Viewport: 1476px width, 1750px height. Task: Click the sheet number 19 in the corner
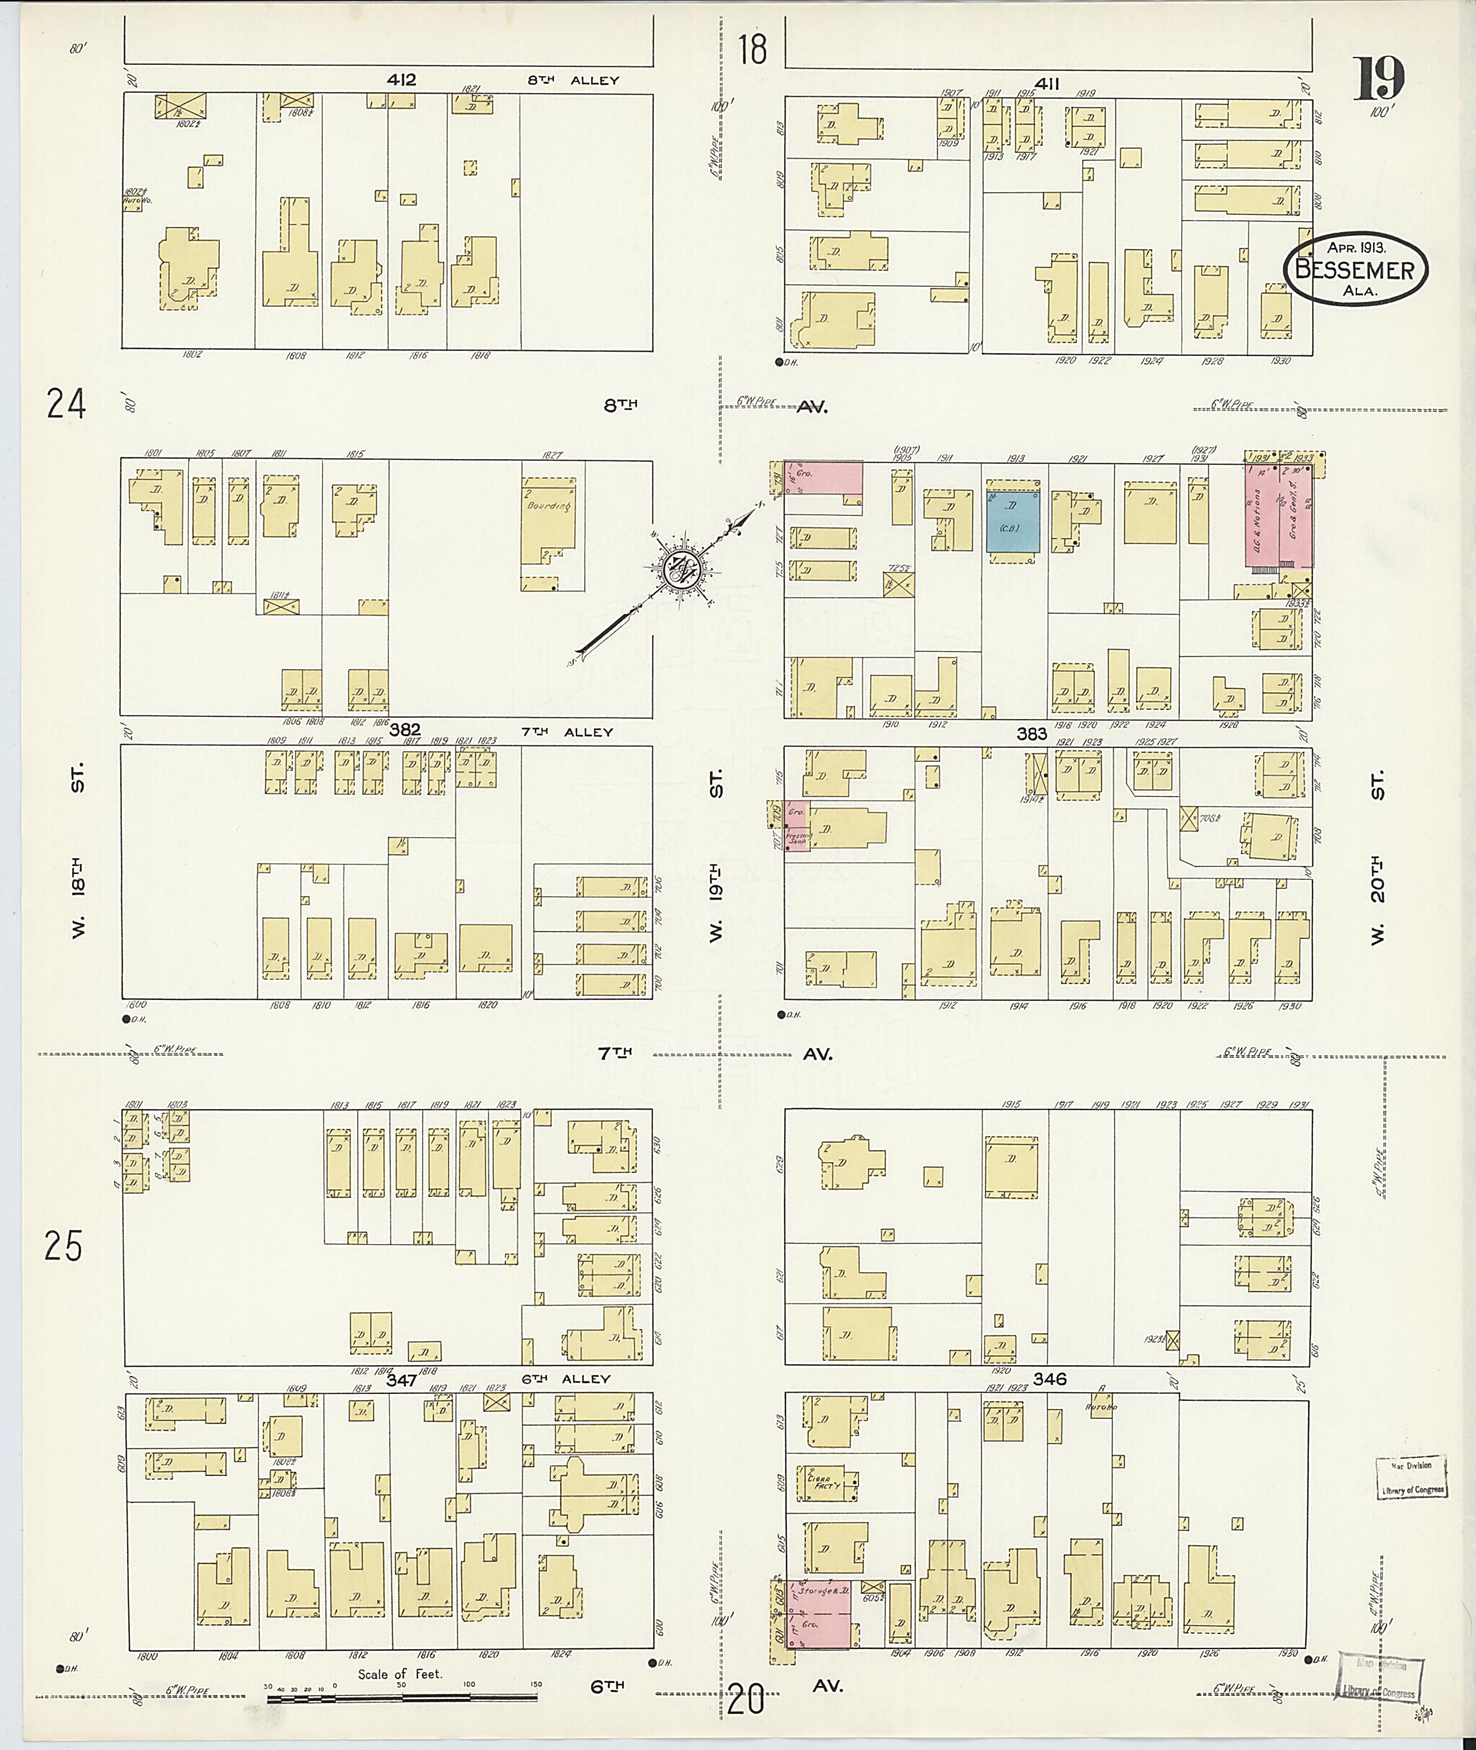click(1379, 78)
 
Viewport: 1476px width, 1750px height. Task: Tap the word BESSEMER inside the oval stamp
click(1356, 269)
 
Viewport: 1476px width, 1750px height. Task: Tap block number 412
click(401, 80)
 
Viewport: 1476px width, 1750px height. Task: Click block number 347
click(401, 1381)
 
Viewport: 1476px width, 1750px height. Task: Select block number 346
click(1049, 1378)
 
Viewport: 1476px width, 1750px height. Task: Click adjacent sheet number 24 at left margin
click(66, 404)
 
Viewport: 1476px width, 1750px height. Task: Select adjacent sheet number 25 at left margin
click(64, 1247)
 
